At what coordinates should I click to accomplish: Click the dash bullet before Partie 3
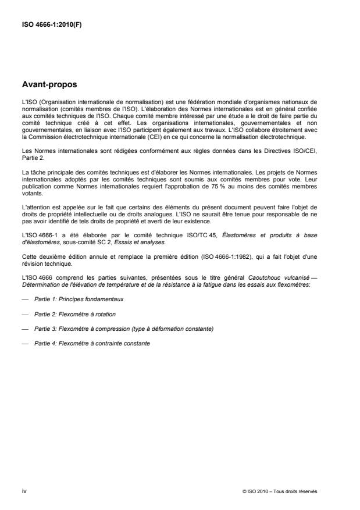click(24, 329)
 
